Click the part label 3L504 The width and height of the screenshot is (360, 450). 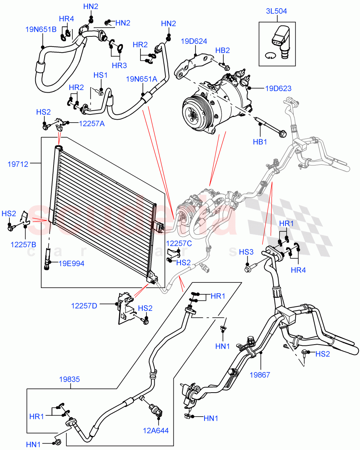277,11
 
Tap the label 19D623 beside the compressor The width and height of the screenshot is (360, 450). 278,88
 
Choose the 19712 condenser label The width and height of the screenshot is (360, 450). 18,163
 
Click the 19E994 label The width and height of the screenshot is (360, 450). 72,264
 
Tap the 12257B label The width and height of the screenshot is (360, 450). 23,244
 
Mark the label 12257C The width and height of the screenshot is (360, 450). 179,243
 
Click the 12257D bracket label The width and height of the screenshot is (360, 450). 84,306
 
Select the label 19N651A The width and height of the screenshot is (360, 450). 141,79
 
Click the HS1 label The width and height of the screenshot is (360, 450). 100,75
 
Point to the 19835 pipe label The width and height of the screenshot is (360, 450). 69,379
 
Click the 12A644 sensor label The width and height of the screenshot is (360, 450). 156,430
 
